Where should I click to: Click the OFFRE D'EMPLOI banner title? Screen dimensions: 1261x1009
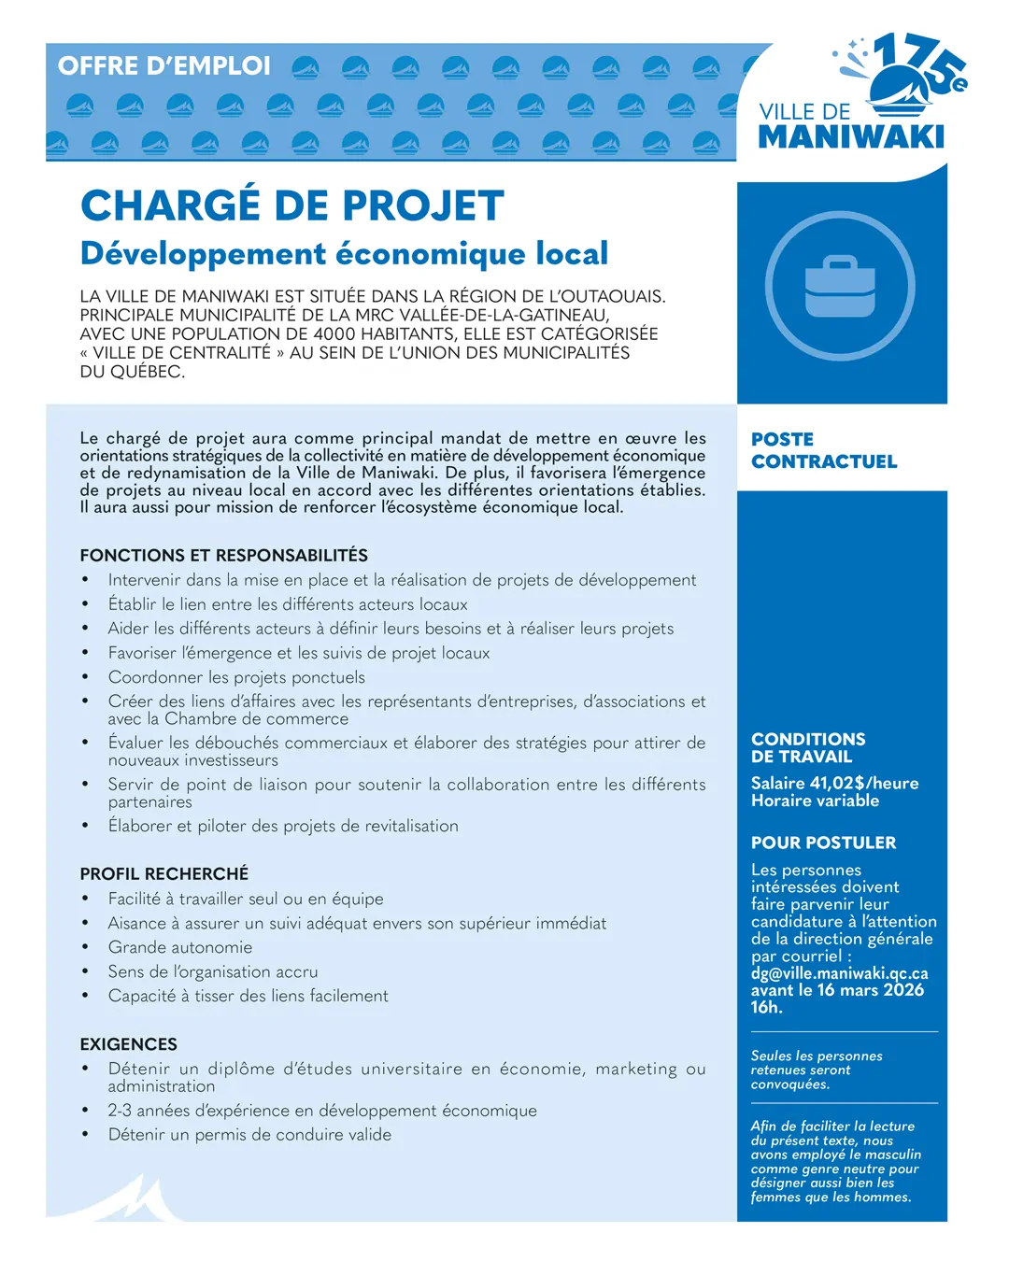[x=164, y=66]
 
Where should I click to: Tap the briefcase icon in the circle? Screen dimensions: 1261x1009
[x=840, y=286]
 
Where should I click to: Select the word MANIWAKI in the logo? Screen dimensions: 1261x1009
[x=851, y=137]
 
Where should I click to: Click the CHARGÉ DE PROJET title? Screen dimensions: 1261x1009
[x=292, y=206]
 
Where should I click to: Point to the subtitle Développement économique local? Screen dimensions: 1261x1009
[x=344, y=253]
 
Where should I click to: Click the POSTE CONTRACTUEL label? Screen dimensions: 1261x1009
[x=823, y=450]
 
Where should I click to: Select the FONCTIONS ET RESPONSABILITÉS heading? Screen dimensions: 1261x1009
[x=224, y=555]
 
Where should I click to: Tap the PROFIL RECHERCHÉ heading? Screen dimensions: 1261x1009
[x=164, y=873]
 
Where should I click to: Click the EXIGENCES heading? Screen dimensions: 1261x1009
[x=129, y=1044]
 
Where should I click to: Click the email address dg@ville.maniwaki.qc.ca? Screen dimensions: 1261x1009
[x=839, y=973]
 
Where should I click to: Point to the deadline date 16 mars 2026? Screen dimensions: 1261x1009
[x=871, y=990]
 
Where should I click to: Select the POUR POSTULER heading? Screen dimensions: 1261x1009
[x=823, y=843]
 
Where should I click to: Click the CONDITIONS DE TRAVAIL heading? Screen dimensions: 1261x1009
[x=808, y=747]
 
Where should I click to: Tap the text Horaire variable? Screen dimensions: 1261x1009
[x=815, y=801]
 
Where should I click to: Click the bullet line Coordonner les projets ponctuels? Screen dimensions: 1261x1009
[x=236, y=677]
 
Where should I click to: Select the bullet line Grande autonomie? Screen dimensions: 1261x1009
[x=180, y=947]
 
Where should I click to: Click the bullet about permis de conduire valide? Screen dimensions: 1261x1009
[x=249, y=1135]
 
